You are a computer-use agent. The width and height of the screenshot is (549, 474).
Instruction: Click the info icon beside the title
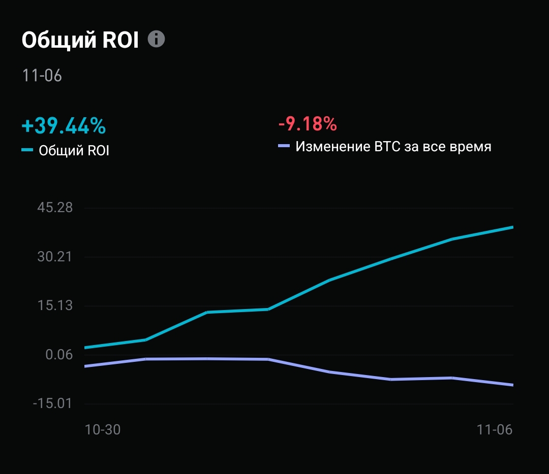[157, 39]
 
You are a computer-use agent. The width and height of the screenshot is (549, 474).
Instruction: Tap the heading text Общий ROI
[80, 41]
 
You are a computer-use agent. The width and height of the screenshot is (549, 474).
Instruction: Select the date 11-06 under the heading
[42, 76]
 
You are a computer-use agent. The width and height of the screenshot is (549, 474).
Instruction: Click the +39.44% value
[64, 125]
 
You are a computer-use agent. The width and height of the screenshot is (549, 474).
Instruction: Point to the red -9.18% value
[308, 123]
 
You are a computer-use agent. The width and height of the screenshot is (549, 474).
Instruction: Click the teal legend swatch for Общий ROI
[27, 150]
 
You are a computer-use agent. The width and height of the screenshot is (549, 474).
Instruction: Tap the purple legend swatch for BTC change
[284, 147]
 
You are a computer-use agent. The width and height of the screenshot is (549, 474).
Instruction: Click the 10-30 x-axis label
[103, 429]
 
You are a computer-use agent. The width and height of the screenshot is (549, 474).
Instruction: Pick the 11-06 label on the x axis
[495, 429]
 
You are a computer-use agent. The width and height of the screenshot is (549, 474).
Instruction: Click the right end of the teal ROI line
[512, 227]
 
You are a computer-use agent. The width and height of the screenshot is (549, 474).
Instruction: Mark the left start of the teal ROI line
[85, 348]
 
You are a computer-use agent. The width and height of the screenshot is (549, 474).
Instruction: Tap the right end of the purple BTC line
[512, 385]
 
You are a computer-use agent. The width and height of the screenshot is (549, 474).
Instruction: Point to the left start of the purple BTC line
[85, 366]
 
